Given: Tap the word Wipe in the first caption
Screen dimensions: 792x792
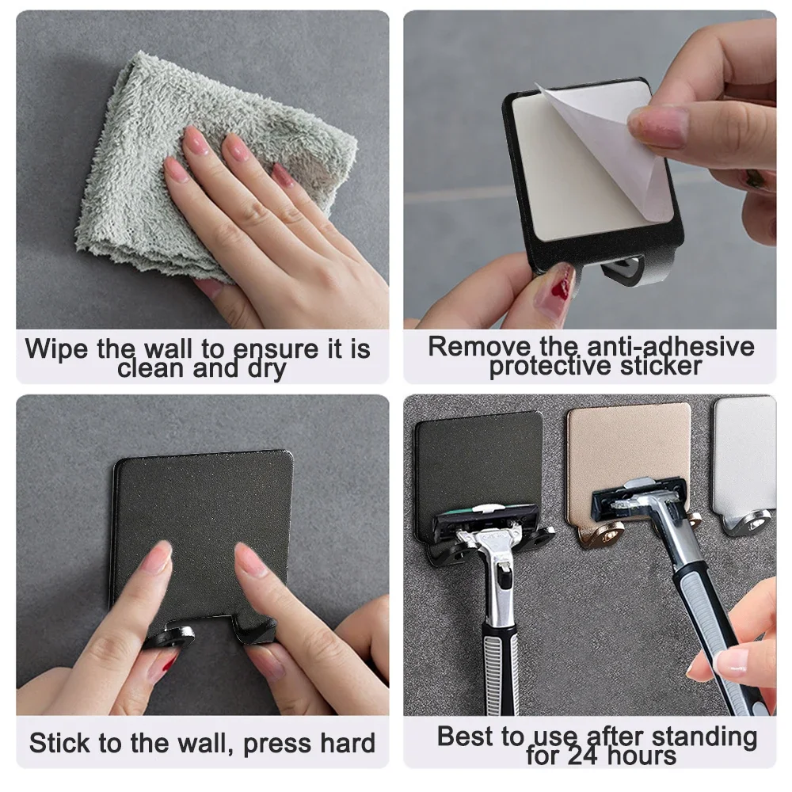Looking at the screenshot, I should [x=58, y=349].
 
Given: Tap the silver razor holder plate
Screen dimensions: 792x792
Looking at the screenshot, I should [x=744, y=451].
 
